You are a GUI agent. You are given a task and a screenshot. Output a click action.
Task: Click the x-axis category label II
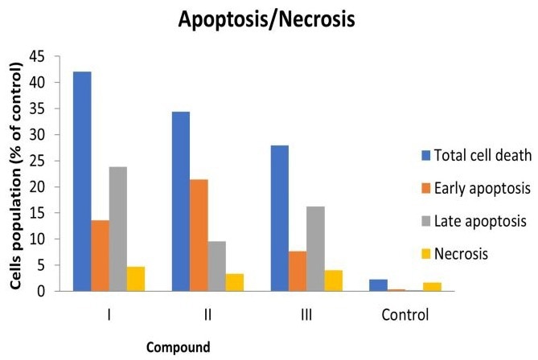point(207,313)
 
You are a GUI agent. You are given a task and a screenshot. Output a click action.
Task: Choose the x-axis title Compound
point(178,347)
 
